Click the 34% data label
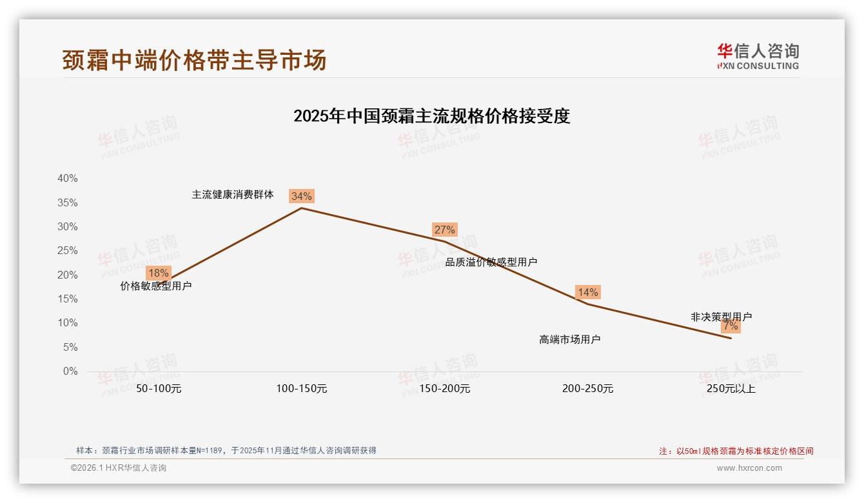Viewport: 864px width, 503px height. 301,196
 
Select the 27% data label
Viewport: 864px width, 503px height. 444,230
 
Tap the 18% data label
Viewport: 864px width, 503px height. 158,273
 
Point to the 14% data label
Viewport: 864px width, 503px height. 587,292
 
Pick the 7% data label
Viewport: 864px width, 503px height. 731,326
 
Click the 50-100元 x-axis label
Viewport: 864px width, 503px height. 159,389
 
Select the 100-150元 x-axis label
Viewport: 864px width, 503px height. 302,389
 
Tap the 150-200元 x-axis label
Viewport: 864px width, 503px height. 445,389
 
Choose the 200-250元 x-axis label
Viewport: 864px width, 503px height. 587,389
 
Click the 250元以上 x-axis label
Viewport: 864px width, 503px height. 731,389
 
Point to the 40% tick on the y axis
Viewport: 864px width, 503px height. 68,179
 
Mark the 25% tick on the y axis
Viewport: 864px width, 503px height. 68,251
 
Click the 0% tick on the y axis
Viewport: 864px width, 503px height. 70,371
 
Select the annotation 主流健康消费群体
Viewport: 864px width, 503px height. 233,194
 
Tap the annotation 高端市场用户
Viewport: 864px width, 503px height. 569,339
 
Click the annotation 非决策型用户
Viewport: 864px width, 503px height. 721,317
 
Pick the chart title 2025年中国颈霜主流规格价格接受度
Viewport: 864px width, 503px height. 431,116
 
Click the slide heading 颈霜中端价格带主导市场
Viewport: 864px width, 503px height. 194,60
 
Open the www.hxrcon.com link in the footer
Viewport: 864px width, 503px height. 749,468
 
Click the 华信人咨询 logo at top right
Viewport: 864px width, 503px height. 758,56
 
